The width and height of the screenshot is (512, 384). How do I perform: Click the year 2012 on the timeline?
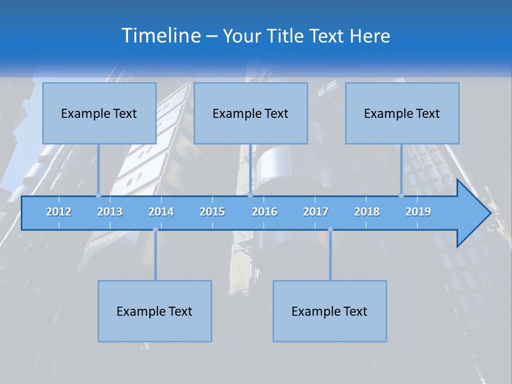[59, 212]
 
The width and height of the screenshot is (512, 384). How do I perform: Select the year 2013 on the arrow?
[110, 212]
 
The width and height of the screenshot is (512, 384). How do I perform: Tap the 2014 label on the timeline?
[161, 212]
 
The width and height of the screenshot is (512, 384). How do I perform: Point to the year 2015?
[212, 212]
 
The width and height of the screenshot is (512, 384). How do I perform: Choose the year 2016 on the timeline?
[265, 212]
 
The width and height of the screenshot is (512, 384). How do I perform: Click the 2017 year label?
[316, 212]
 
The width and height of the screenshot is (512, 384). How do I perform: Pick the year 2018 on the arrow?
[367, 212]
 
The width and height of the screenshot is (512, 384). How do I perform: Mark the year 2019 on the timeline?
[418, 212]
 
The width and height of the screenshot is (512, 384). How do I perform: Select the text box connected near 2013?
[99, 113]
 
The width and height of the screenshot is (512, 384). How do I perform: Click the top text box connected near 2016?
[251, 113]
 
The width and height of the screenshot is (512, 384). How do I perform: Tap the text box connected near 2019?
[402, 113]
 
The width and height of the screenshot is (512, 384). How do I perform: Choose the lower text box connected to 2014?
[155, 311]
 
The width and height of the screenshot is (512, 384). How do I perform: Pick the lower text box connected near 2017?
[330, 311]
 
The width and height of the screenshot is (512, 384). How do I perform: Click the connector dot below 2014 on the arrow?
[155, 229]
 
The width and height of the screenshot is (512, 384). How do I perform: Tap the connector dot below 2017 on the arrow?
[330, 229]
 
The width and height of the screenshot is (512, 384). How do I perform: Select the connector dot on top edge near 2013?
[98, 195]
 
